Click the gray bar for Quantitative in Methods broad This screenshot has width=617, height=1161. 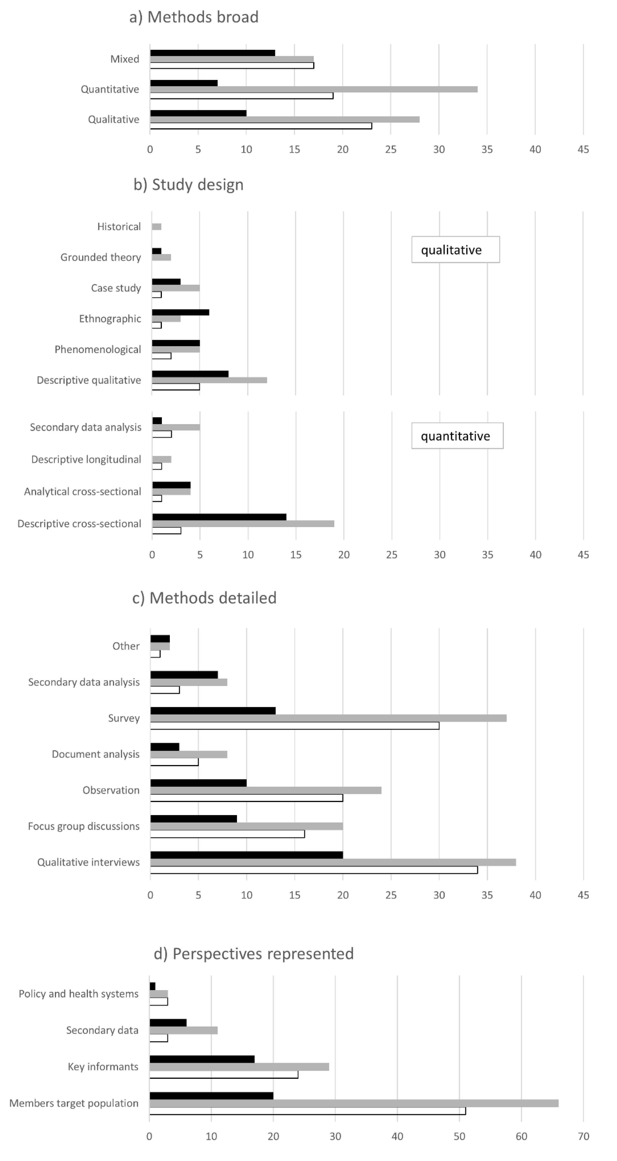click(x=314, y=89)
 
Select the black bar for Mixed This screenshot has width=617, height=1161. click(x=213, y=53)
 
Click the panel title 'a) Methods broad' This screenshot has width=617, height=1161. click(x=194, y=17)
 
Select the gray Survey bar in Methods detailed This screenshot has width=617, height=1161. click(x=329, y=718)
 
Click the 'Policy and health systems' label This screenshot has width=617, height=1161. click(x=78, y=994)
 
